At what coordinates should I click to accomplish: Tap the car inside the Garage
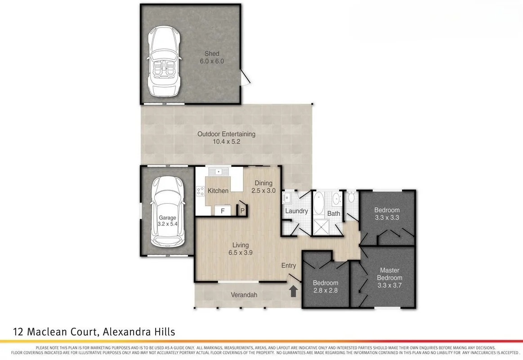point(167,211)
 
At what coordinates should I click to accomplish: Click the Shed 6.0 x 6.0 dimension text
point(212,62)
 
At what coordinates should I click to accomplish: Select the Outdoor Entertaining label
point(226,134)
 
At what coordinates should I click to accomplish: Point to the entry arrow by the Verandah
point(293,291)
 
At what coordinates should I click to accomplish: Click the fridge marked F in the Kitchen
point(222,211)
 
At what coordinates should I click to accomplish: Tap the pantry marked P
point(242,210)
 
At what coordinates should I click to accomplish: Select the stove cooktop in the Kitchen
point(200,191)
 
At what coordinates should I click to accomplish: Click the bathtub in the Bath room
point(319,203)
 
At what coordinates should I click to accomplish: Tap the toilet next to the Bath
point(351,197)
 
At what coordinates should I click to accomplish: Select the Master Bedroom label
point(389,274)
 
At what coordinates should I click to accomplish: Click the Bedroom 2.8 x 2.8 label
point(325,287)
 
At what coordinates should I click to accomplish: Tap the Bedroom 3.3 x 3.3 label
point(387,214)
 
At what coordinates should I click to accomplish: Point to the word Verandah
point(244,295)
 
